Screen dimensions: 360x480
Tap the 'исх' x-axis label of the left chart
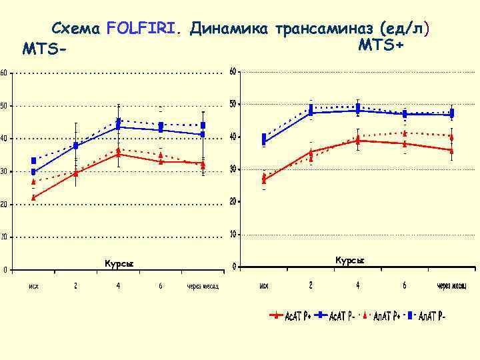[33, 286]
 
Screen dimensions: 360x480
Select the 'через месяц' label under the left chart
[203, 286]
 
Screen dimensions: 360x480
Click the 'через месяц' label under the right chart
[452, 285]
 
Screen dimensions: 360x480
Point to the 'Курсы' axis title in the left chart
[119, 263]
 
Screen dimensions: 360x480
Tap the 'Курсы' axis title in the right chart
[350, 260]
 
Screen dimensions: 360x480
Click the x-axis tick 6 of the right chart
[404, 285]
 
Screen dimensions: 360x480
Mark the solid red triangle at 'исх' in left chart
[33, 197]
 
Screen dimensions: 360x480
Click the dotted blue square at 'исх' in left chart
[33, 161]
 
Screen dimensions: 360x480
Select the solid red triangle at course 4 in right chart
[358, 140]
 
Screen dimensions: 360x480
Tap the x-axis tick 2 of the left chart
[75, 286]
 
